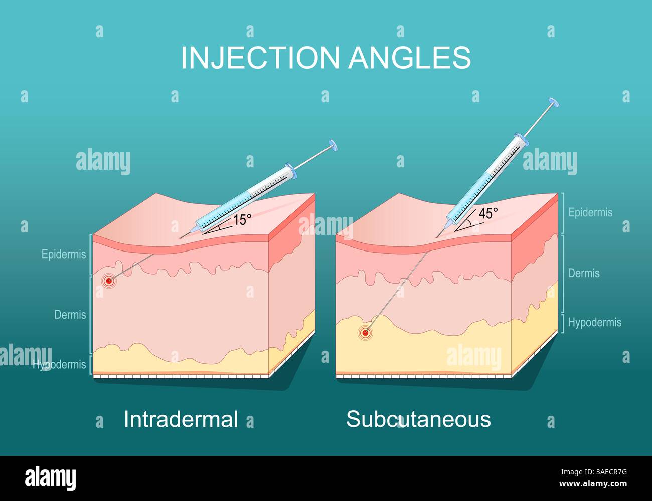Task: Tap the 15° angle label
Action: click(242, 220)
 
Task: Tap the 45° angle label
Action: click(488, 213)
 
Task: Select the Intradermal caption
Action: click(181, 419)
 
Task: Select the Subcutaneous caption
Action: click(418, 419)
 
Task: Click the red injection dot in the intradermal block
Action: click(108, 281)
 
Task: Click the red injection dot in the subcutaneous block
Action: click(365, 332)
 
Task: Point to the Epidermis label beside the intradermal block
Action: click(64, 254)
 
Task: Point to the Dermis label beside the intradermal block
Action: click(70, 315)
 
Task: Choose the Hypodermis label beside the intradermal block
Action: click(60, 364)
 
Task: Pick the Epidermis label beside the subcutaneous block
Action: click(590, 212)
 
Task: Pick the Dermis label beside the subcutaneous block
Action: click(584, 273)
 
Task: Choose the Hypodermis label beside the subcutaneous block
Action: click(594, 323)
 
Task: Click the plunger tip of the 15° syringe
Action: click(333, 146)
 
